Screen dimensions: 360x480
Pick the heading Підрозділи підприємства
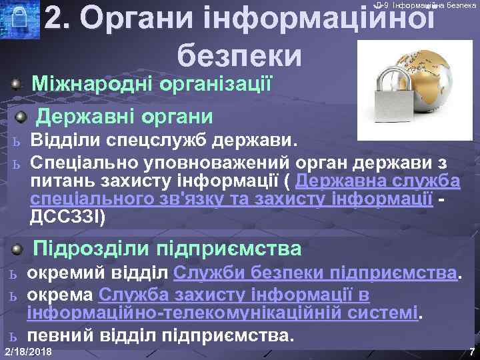coord(167,249)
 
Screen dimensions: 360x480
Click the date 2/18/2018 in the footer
coord(29,352)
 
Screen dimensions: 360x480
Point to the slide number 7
coord(471,351)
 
